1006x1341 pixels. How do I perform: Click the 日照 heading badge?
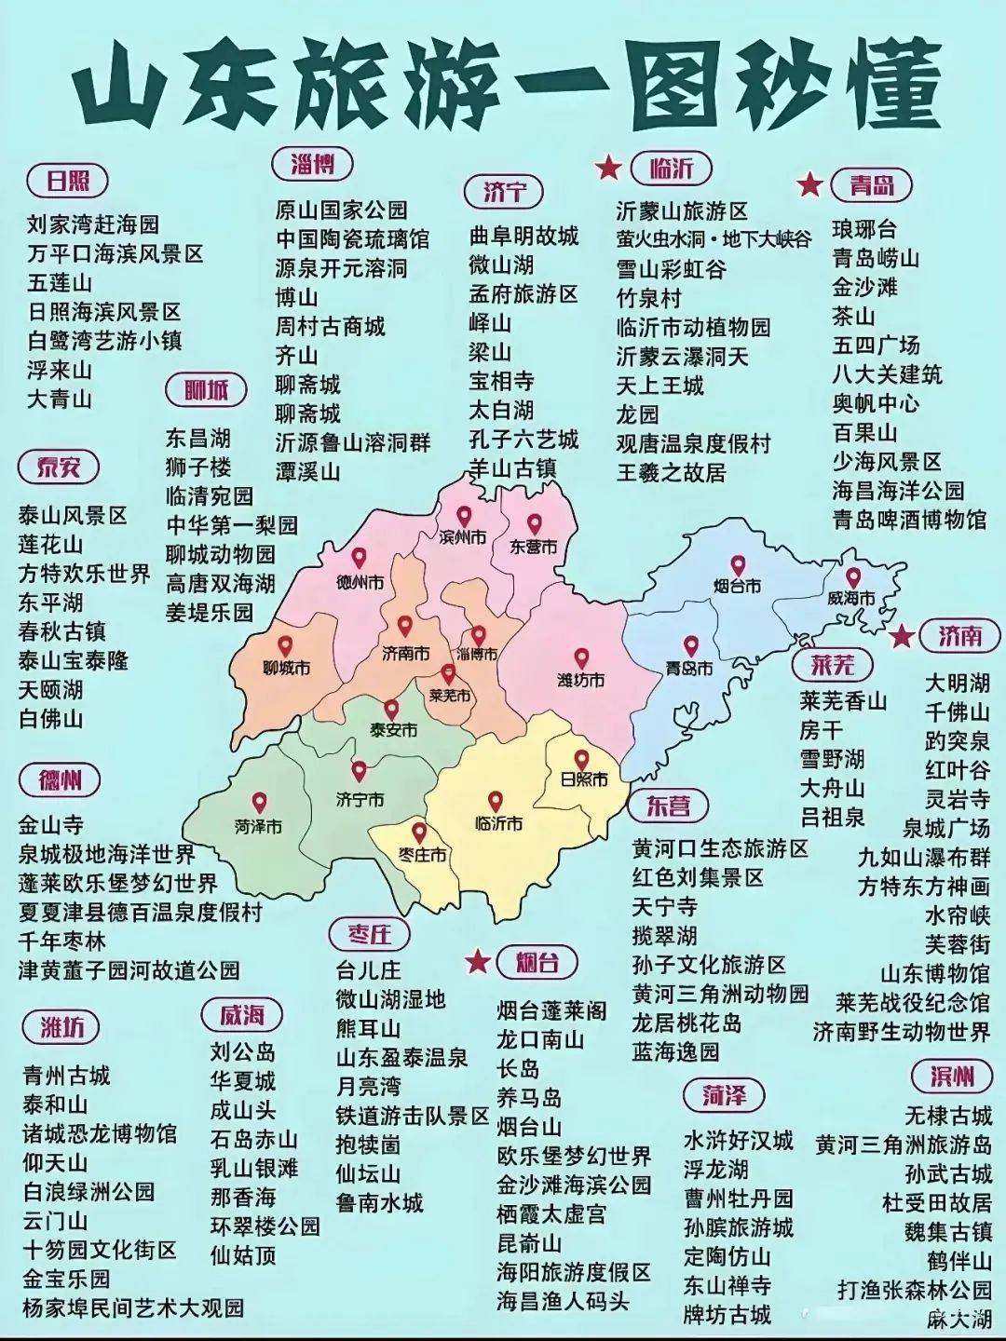pyautogui.click(x=68, y=180)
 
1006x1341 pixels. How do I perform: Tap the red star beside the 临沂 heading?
pyautogui.click(x=608, y=168)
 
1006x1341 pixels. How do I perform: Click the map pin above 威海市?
pyautogui.click(x=853, y=577)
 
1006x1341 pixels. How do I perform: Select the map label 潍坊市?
pyautogui.click(x=580, y=681)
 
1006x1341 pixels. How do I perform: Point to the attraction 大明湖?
pyautogui.click(x=957, y=683)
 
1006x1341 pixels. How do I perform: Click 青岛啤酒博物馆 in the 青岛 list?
pyautogui.click(x=909, y=519)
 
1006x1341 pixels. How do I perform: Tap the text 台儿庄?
pyautogui.click(x=369, y=970)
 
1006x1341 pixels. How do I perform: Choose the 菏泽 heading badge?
pyautogui.click(x=724, y=1095)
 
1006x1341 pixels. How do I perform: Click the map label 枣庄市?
pyautogui.click(x=422, y=855)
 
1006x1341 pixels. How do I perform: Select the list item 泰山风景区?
pyautogui.click(x=73, y=516)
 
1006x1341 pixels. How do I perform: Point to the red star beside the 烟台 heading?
pyautogui.click(x=478, y=961)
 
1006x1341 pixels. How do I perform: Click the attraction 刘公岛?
pyautogui.click(x=242, y=1052)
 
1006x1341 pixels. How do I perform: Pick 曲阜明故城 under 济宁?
pyautogui.click(x=523, y=236)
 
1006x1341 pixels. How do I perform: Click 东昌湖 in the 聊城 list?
pyautogui.click(x=197, y=438)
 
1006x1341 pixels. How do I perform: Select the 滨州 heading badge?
pyautogui.click(x=952, y=1077)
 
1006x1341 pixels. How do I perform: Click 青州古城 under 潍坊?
pyautogui.click(x=66, y=1077)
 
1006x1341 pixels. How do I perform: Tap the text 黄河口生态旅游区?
pyautogui.click(x=720, y=848)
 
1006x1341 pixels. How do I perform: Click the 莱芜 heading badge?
pyautogui.click(x=832, y=665)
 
